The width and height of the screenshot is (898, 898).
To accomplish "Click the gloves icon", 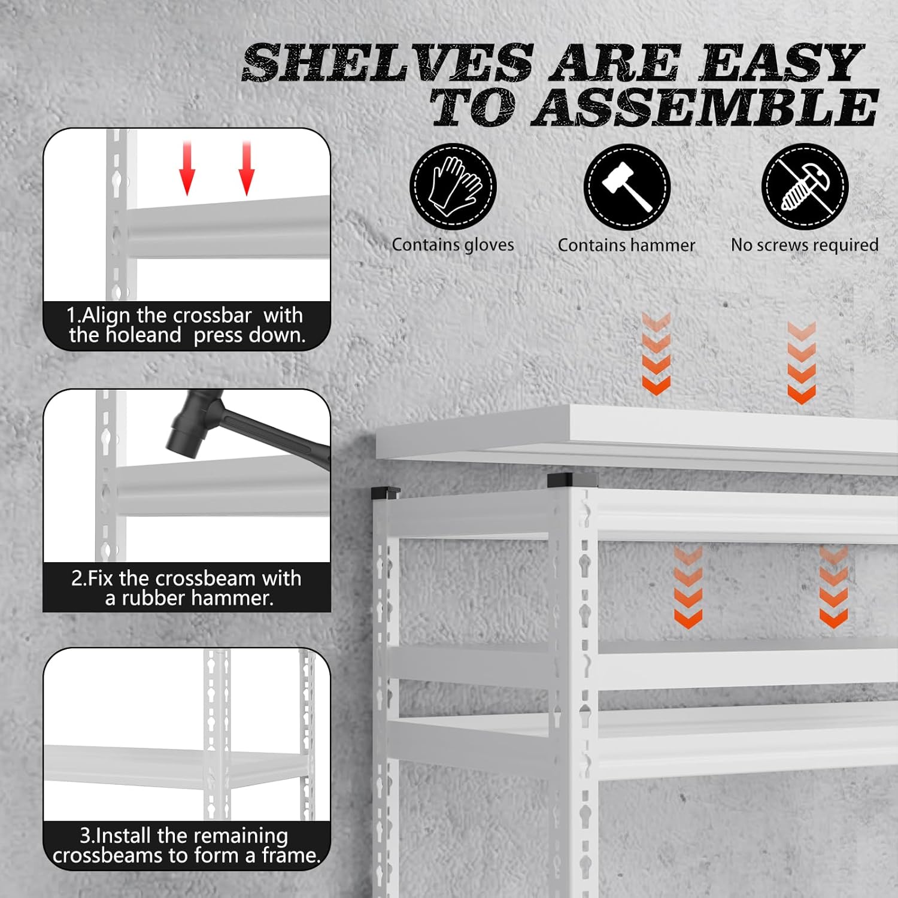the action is (x=453, y=186).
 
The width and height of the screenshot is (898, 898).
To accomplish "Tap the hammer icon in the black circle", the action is (x=627, y=187).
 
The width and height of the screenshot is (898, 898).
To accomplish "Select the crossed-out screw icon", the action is (x=805, y=186).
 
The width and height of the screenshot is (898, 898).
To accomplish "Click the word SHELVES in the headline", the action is (x=387, y=63).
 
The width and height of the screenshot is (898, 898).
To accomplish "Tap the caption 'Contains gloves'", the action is (x=453, y=245).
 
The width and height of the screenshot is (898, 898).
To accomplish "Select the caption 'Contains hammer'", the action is (x=626, y=245).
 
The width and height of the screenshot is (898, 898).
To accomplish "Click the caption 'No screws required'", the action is (x=805, y=245).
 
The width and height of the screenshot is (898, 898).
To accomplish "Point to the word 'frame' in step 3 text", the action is (x=291, y=855).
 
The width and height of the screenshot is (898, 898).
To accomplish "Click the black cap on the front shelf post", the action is (x=572, y=480).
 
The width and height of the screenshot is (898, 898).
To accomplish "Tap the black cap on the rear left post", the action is (x=385, y=493).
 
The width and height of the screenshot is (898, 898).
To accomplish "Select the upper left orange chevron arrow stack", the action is (x=656, y=353).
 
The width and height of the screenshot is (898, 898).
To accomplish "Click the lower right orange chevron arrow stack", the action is (x=833, y=587).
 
